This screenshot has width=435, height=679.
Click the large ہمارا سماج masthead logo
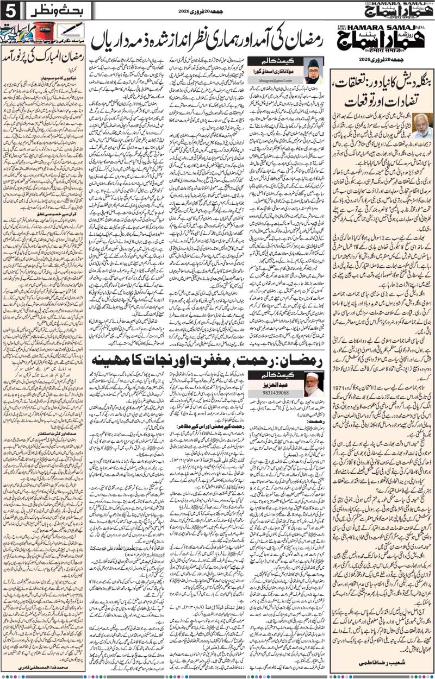tap(381, 37)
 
